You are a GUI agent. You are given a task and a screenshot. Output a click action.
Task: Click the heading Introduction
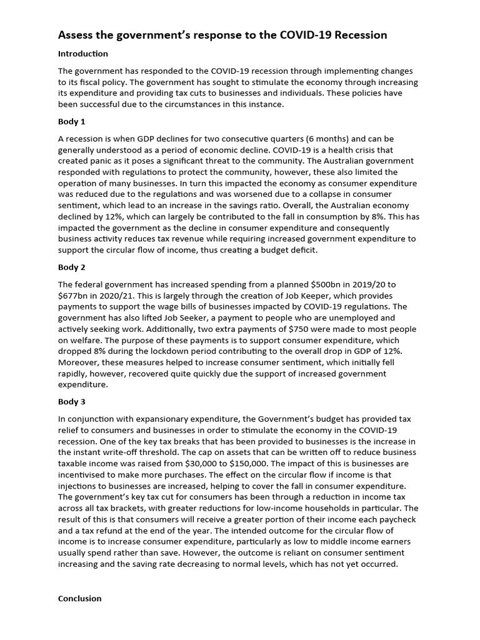(82, 54)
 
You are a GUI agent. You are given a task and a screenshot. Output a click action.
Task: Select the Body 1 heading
(71, 122)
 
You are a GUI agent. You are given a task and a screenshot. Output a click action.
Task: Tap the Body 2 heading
(71, 267)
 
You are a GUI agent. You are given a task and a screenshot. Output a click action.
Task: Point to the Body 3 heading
(71, 402)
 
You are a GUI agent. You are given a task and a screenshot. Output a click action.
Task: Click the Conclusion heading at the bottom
(79, 598)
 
